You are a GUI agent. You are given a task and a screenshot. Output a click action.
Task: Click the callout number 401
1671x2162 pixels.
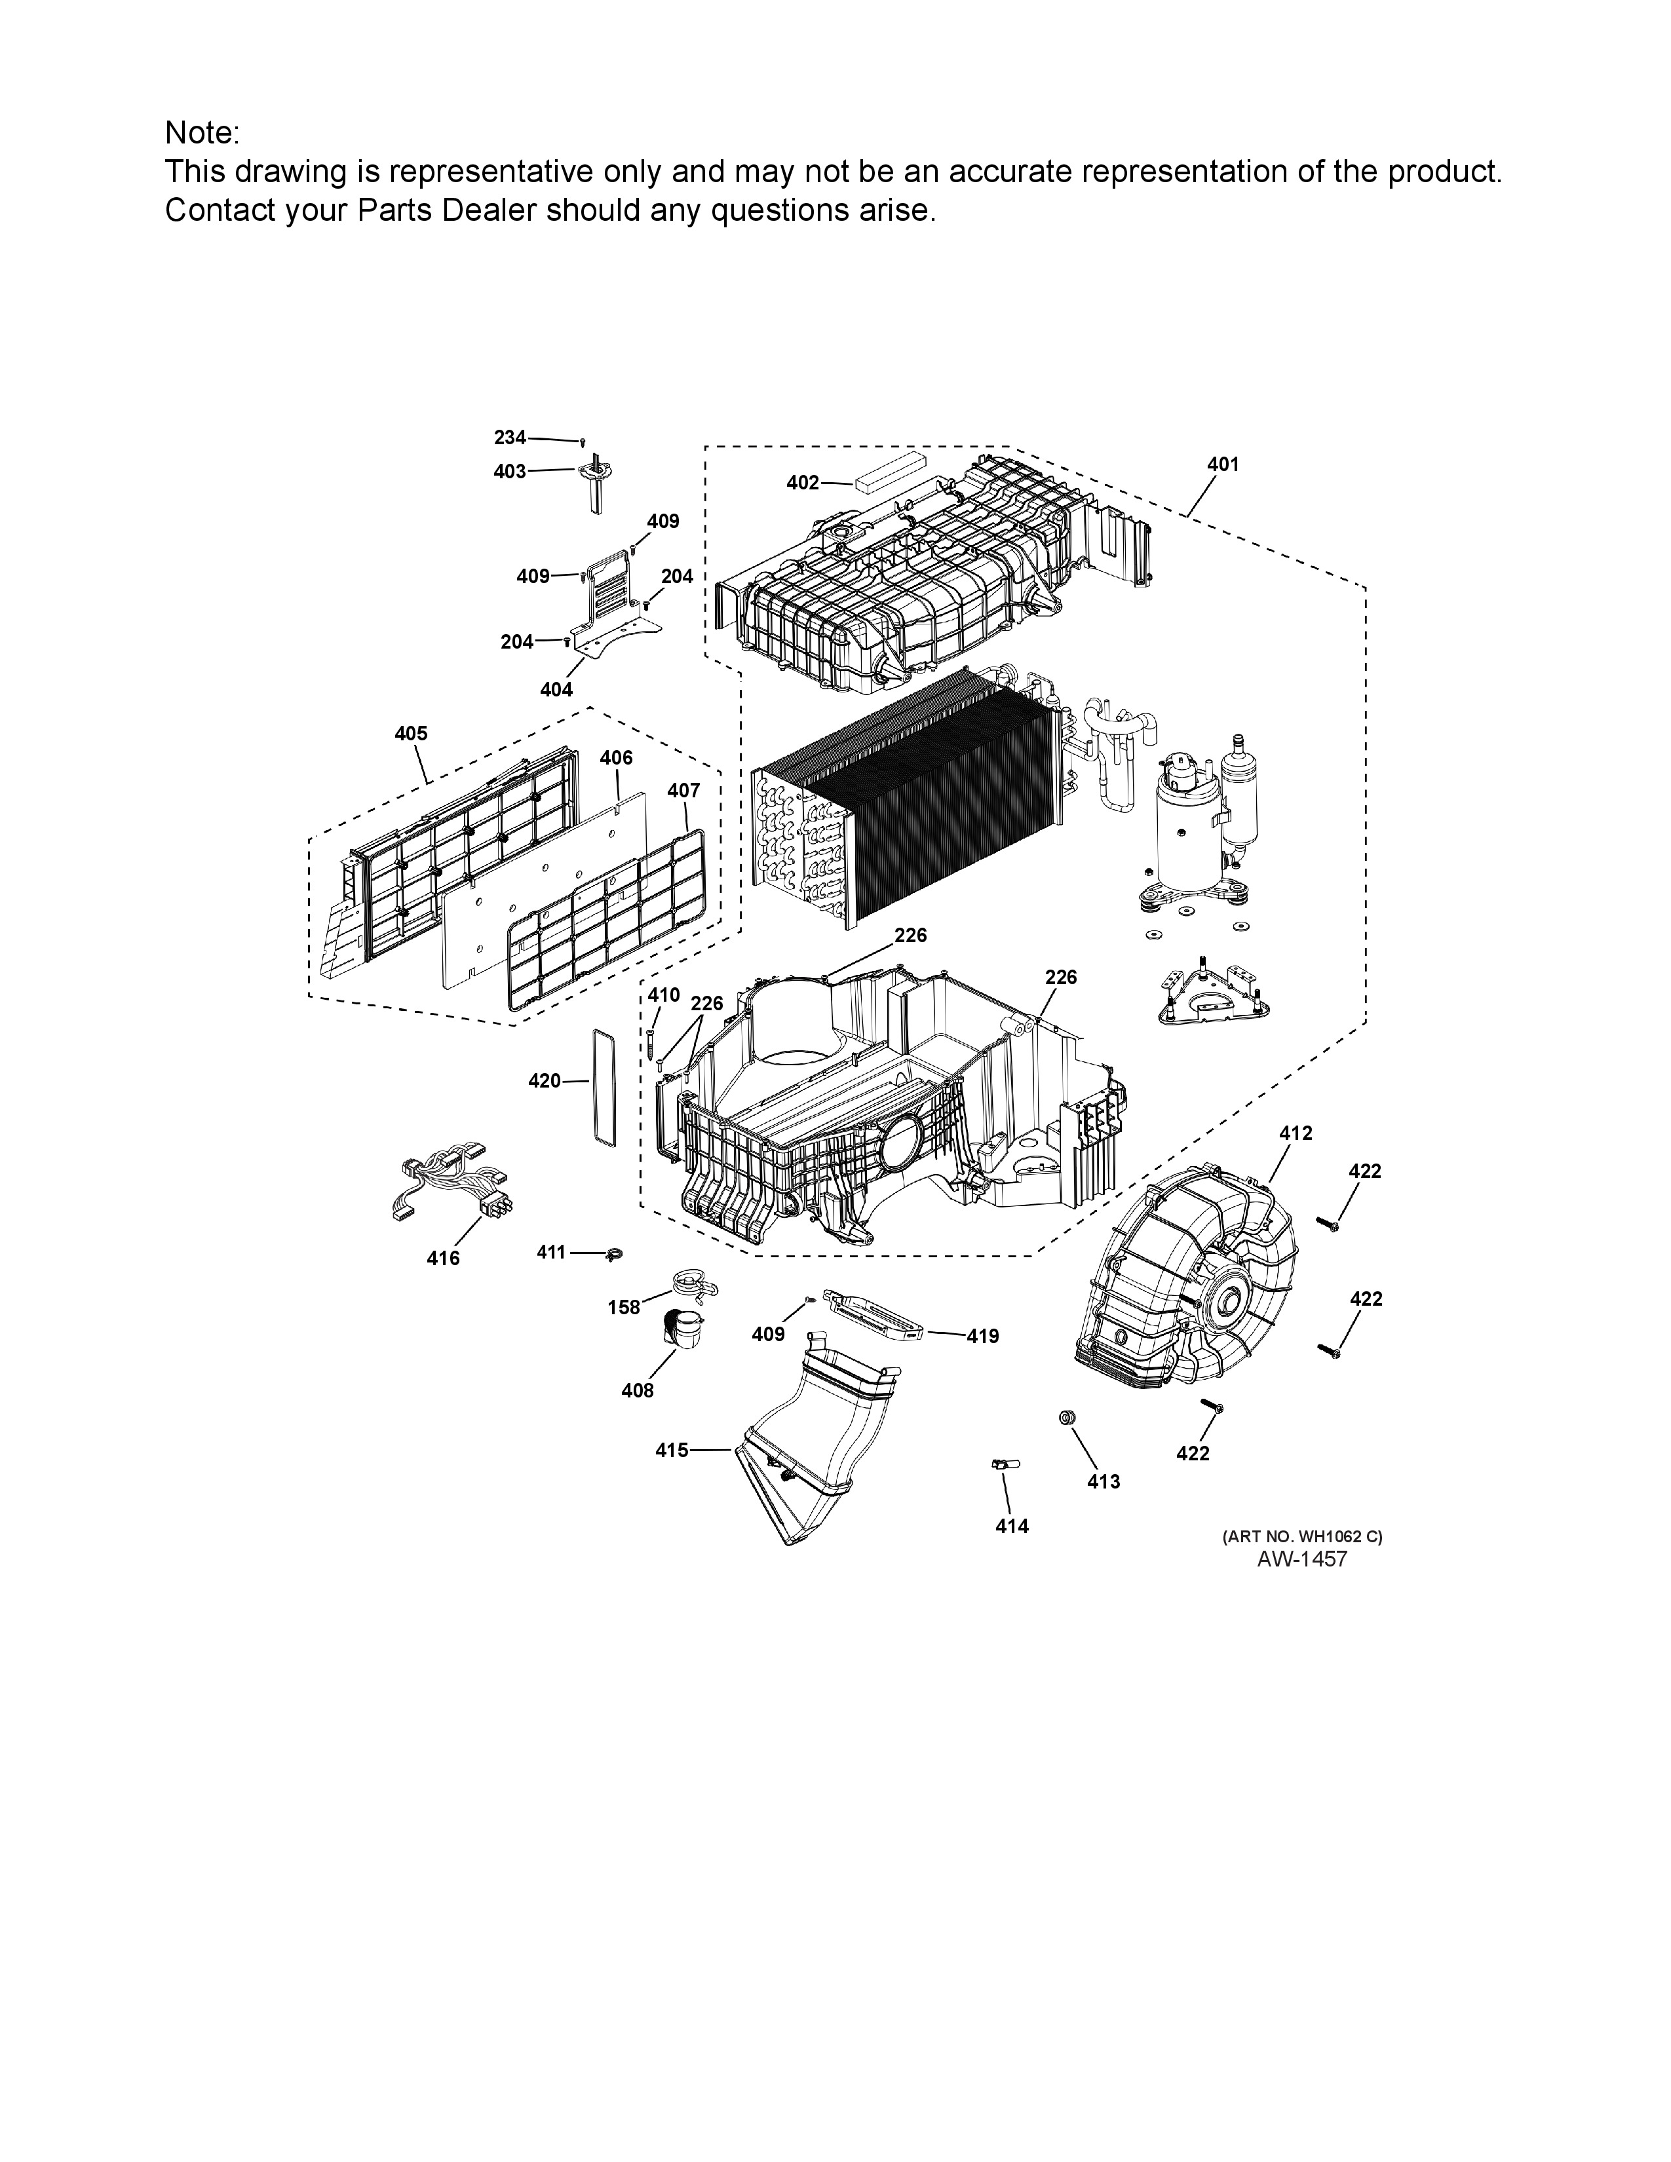point(1223,465)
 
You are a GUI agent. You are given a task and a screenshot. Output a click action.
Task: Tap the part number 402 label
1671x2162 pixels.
point(803,483)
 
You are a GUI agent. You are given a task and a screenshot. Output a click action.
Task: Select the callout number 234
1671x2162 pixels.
point(511,438)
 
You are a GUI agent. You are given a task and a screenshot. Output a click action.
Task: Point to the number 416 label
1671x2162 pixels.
point(444,1258)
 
